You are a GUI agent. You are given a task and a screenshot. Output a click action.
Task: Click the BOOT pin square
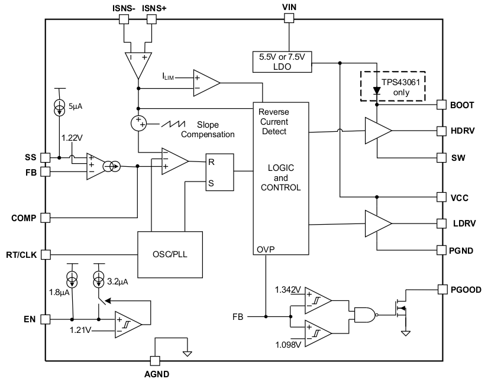441,105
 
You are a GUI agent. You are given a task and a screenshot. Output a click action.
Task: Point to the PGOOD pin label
465,290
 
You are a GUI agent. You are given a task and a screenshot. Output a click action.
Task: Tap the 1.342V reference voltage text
288,290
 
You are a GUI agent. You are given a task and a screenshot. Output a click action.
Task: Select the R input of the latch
211,161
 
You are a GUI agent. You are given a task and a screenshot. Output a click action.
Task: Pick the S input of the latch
211,183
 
